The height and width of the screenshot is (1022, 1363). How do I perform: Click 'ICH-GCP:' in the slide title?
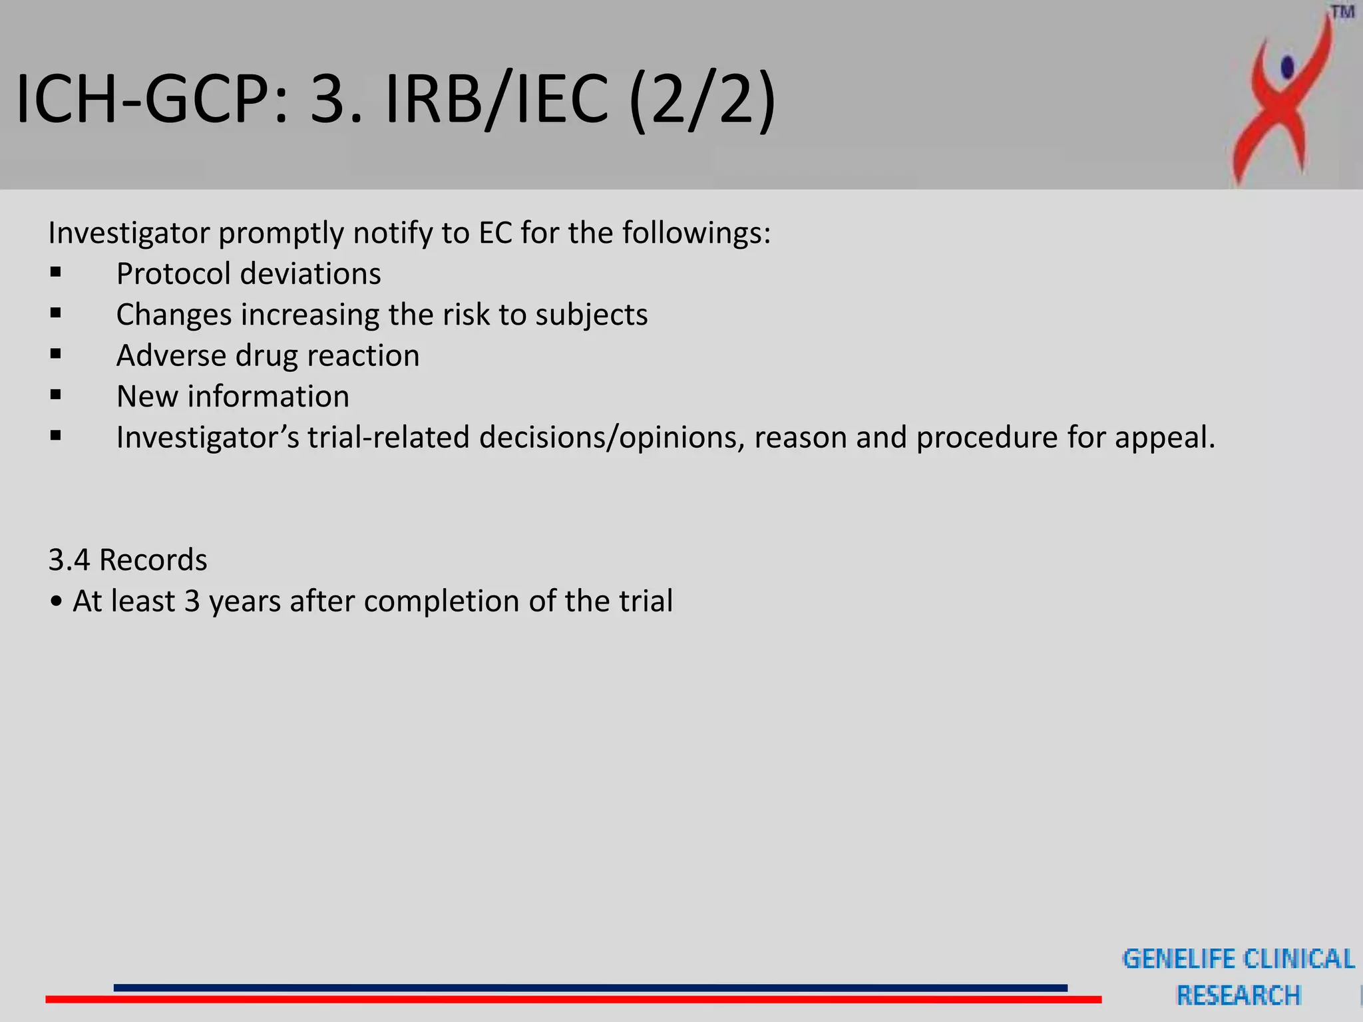pos(152,100)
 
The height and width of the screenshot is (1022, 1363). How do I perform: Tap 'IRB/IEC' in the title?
pos(496,100)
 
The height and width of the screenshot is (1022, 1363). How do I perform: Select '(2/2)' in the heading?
pos(702,100)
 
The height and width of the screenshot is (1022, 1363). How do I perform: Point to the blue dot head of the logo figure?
pos(1288,67)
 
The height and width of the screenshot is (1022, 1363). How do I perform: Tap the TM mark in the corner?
pos(1342,13)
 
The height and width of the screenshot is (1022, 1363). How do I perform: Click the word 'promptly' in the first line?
pos(280,234)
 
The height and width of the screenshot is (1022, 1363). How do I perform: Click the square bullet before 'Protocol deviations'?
pos(56,272)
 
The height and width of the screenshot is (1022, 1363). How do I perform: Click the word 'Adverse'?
pos(170,356)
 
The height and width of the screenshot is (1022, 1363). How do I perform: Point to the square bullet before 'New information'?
pos(56,395)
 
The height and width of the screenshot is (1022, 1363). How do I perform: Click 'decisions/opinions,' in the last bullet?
pos(611,438)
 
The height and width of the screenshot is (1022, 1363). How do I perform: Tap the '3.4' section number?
pos(69,560)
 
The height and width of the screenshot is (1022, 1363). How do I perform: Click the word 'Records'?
pos(153,560)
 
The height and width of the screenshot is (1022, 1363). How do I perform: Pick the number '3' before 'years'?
pos(192,601)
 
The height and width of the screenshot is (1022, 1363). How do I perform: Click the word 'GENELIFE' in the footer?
pos(1178,959)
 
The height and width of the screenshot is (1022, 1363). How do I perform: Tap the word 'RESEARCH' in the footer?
pos(1239,995)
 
